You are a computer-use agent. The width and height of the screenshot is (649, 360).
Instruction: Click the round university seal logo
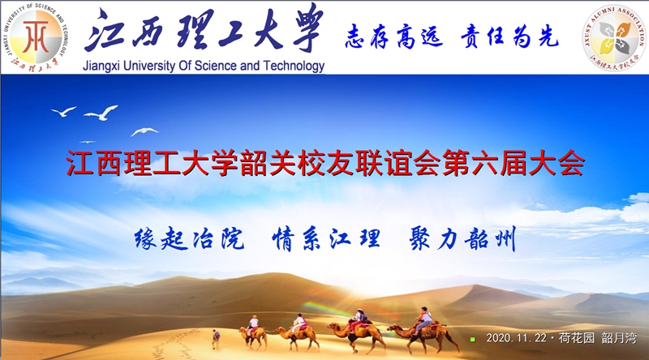pyautogui.click(x=36, y=37)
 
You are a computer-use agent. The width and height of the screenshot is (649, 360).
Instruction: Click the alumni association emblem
pyautogui.click(x=614, y=37)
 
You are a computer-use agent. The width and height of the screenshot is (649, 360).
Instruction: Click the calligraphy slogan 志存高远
pyautogui.click(x=394, y=36)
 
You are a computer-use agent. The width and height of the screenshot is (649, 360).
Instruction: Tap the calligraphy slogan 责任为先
pyautogui.click(x=509, y=36)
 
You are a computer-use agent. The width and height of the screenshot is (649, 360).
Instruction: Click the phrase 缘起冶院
pyautogui.click(x=189, y=238)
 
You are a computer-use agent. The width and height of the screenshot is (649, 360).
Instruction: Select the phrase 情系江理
pyautogui.click(x=326, y=238)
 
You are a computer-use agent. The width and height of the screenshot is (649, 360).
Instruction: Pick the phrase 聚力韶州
pyautogui.click(x=462, y=238)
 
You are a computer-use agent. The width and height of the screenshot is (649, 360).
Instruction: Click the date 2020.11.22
pyautogui.click(x=516, y=338)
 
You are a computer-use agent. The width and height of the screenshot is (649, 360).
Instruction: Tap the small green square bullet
pyautogui.click(x=473, y=339)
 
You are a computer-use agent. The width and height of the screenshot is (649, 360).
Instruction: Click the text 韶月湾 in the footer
pyautogui.click(x=618, y=338)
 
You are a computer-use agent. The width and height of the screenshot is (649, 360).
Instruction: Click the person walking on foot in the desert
pyautogui.click(x=216, y=339)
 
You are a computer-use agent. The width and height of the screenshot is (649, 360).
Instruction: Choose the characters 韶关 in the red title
pyautogui.click(x=269, y=163)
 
